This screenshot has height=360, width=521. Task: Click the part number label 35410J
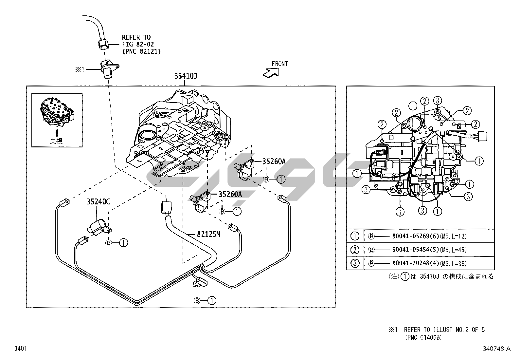coord(185,77)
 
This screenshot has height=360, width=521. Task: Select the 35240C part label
coord(98,201)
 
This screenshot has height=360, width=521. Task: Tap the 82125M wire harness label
coord(209,235)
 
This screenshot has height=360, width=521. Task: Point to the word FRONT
coord(279,64)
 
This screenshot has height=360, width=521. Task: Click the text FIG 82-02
coord(138,44)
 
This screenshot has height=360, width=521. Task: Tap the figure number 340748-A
coord(496,349)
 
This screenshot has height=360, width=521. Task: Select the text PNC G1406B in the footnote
coord(425,337)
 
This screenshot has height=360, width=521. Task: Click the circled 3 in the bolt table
coord(355,263)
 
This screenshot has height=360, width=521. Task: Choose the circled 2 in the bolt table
coord(355,250)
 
